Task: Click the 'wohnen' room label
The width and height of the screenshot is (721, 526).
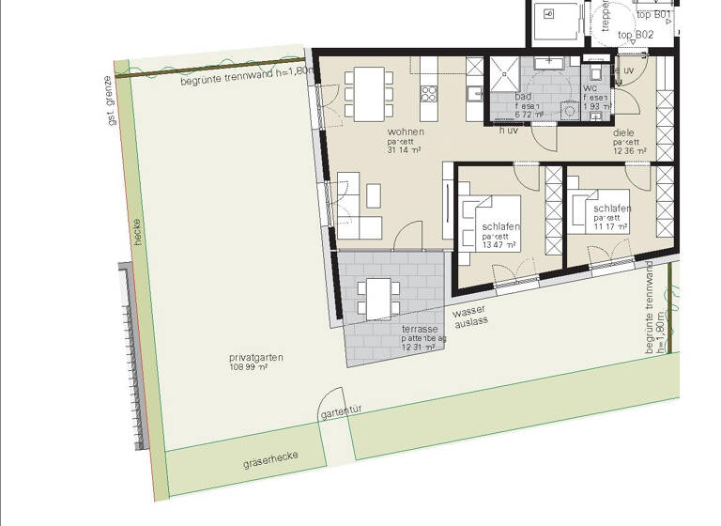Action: [x=405, y=132]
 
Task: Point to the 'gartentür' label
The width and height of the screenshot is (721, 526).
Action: [x=342, y=410]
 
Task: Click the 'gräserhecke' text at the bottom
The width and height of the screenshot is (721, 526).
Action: [x=270, y=456]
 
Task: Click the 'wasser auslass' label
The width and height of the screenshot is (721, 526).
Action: [x=470, y=317]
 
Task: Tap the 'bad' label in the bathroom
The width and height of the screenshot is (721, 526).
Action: [x=524, y=97]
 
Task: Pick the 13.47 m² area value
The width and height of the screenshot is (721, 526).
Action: [x=499, y=246]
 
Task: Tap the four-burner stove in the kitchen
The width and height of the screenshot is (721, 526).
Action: [x=430, y=93]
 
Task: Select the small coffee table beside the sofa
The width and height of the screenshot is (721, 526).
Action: [x=374, y=194]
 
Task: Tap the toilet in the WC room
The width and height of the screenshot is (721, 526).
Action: [x=595, y=72]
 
